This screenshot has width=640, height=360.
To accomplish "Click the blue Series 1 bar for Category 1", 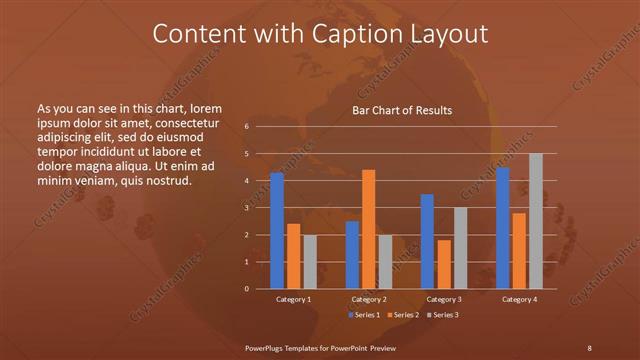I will (277, 231).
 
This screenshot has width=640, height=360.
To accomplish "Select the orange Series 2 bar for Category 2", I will (368, 229).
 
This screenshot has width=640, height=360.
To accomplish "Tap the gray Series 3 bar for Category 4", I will (535, 221).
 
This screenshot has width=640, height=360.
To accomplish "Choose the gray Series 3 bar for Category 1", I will (310, 262).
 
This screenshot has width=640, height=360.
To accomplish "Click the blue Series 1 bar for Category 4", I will (502, 228).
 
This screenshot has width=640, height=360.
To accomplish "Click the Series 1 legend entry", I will (364, 315).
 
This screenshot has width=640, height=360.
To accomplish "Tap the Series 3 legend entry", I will (443, 315).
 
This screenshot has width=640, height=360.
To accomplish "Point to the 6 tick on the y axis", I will (246, 127).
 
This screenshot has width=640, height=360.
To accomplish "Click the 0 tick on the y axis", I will (246, 289).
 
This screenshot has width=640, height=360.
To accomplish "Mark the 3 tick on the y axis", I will (246, 208).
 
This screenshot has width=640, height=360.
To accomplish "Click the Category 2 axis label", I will (368, 299).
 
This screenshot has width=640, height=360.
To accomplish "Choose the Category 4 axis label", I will (518, 299).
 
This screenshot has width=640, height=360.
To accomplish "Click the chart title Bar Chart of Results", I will (402, 110).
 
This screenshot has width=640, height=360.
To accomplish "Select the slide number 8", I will (589, 347).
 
